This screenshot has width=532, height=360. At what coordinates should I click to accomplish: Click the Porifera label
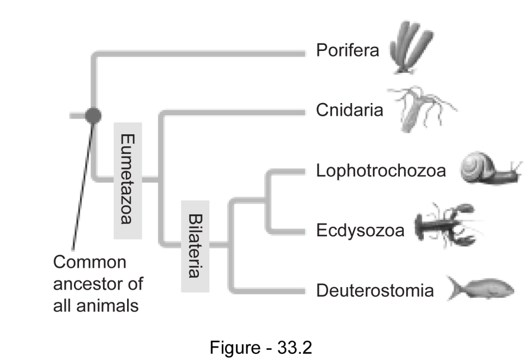(x=347, y=51)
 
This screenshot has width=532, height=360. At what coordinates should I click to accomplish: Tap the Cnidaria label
(x=349, y=110)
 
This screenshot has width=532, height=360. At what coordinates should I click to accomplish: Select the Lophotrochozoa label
(x=381, y=170)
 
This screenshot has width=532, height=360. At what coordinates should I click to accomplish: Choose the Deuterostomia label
(x=375, y=291)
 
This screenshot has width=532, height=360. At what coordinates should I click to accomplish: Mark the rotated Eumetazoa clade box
(x=126, y=179)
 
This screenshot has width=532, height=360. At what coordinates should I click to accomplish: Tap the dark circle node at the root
(x=94, y=115)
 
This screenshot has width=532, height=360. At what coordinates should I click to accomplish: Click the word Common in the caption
(x=90, y=262)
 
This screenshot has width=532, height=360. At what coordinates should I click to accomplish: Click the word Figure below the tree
(x=234, y=347)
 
